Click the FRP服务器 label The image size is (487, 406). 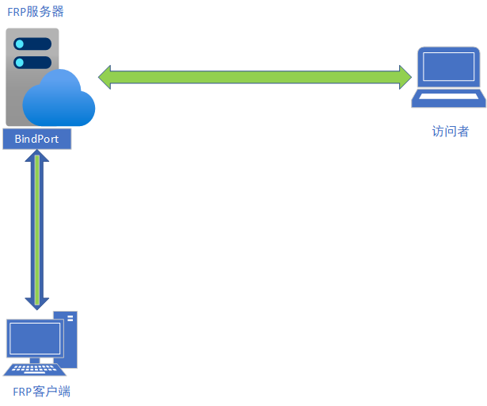pos(36,12)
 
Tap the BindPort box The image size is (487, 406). pos(37,139)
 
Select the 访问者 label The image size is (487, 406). pos(451,131)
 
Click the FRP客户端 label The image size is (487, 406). pos(42,392)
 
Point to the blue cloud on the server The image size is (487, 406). pos(59,98)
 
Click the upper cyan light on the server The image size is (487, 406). pos(20,44)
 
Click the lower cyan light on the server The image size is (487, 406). pos(20,63)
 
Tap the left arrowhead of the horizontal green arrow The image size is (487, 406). pos(105,77)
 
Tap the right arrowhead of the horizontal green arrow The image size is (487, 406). pos(405,77)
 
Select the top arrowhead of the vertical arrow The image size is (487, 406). pos(37,155)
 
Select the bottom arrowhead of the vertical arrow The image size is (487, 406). pos(37,304)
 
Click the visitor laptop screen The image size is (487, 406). pos(448,67)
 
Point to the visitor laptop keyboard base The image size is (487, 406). pos(448,98)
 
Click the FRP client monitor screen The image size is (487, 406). pos(35,339)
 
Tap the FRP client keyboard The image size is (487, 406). pos(34,370)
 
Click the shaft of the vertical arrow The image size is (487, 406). pos(37,230)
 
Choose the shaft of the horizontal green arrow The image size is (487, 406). pos(255,77)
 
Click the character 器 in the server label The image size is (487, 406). pos(58,12)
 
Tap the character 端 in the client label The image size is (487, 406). pos(64,392)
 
